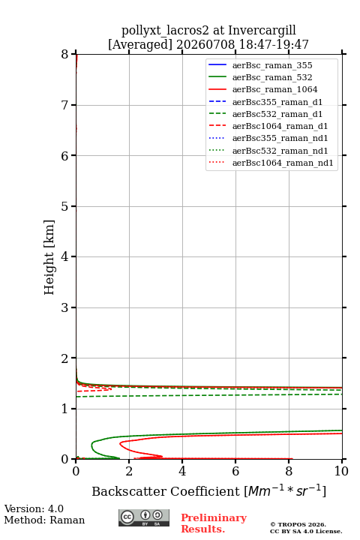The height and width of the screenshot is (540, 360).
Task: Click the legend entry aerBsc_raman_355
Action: tap(272, 65)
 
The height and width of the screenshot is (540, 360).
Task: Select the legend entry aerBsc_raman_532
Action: tap(272, 77)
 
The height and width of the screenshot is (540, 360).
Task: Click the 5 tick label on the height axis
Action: tap(65, 206)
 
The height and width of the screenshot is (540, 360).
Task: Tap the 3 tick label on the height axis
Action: tap(65, 307)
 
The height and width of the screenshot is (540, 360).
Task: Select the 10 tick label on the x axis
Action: tap(341, 471)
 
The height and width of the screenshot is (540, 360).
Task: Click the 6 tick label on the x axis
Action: tap(235, 471)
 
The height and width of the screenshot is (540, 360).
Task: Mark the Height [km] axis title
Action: tap(49, 257)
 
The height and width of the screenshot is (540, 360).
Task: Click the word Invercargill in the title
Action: tap(262, 30)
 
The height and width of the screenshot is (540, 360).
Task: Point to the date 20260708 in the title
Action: tap(205, 44)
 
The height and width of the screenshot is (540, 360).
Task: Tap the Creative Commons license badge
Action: tap(144, 517)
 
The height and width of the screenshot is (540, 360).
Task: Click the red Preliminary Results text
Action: tap(214, 523)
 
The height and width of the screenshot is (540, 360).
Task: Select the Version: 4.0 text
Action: tap(34, 508)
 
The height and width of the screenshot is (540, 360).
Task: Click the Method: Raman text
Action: tap(44, 520)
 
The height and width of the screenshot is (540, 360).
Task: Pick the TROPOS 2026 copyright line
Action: tap(298, 524)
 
